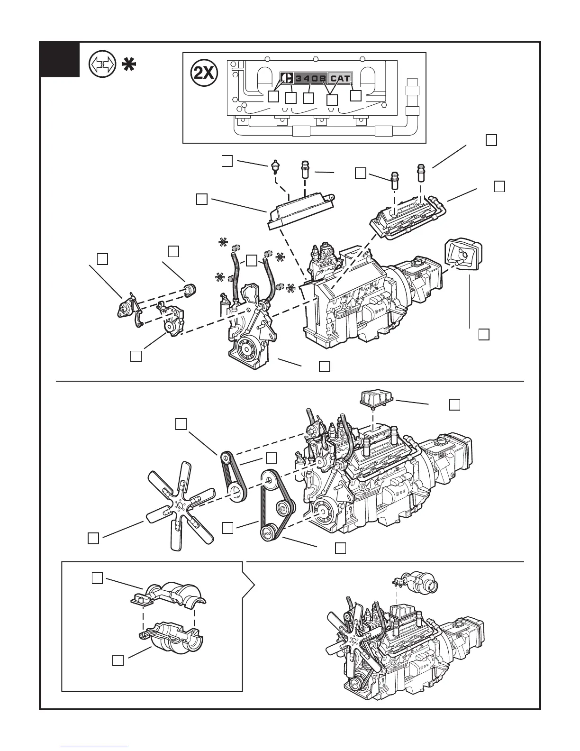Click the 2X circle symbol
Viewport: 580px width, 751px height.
[x=203, y=73]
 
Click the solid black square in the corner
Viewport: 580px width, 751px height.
[x=59, y=59]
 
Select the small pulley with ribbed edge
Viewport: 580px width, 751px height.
[x=190, y=288]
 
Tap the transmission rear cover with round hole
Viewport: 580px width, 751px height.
[x=462, y=256]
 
